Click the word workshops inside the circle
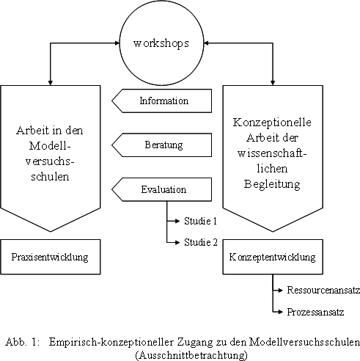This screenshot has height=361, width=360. [161, 43]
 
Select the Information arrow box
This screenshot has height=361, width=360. [162, 101]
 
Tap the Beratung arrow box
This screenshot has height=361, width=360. [162, 145]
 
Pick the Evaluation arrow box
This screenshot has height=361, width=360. [162, 189]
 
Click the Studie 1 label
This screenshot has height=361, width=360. [200, 221]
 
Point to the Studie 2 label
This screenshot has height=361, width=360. [201, 242]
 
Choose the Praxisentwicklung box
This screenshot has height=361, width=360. [51, 257]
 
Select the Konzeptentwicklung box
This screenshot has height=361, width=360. [273, 257]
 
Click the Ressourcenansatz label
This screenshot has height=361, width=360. [323, 290]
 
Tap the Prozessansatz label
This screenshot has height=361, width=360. [315, 312]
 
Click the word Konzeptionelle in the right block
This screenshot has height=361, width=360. [272, 123]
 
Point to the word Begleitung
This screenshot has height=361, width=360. [272, 184]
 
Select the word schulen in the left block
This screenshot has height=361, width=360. [50, 176]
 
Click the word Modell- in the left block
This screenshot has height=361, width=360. [50, 146]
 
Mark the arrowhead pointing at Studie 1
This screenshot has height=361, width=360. [177, 221]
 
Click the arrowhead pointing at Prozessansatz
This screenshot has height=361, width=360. [280, 312]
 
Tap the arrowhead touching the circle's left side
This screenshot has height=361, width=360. [117, 43]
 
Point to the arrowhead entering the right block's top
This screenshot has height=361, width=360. [273, 83]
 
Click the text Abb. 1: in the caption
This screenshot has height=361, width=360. [22, 342]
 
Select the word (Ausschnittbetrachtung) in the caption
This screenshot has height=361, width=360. [191, 354]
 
